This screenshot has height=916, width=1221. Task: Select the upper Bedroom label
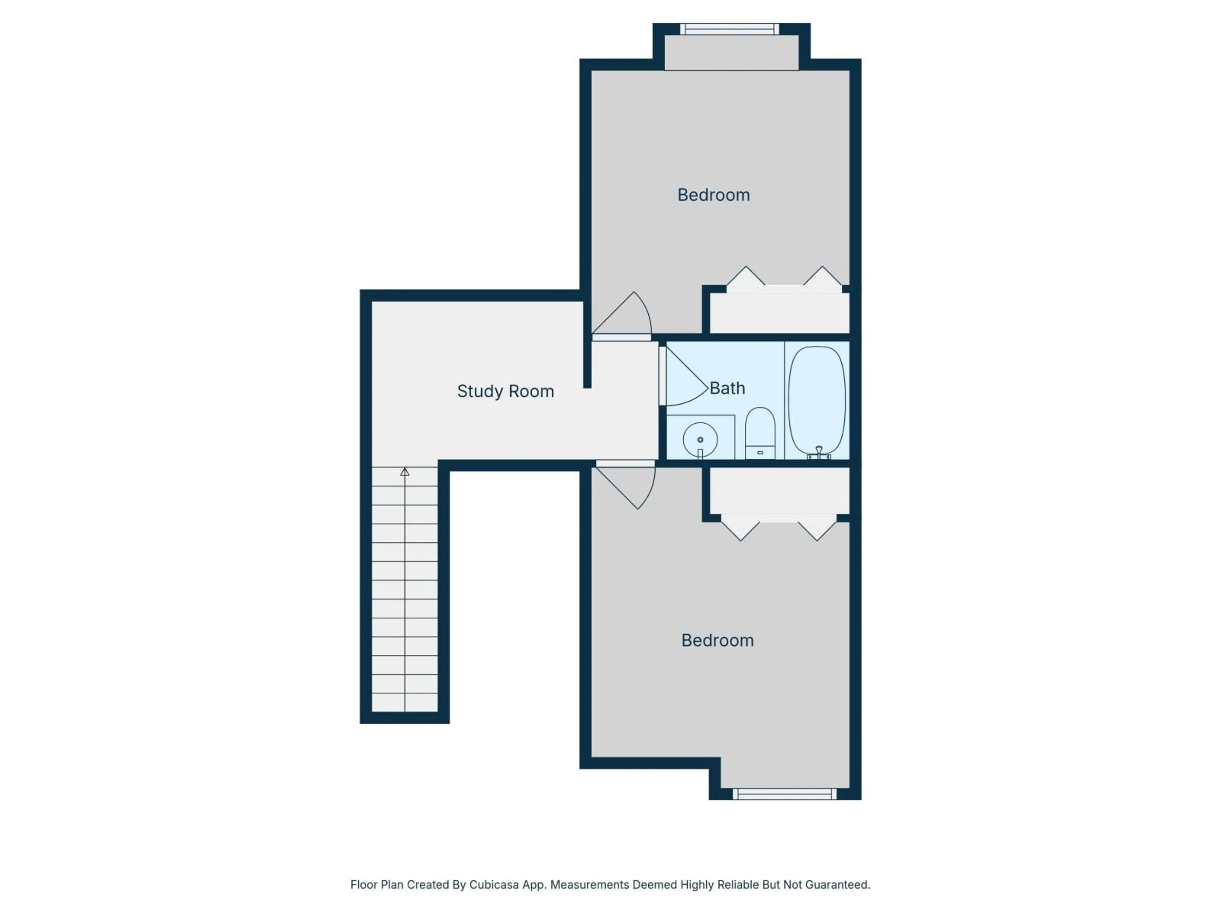[713, 195]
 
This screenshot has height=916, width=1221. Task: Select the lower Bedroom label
[717, 641]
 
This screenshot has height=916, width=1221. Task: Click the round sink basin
[700, 440]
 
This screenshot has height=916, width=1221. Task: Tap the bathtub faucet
[818, 453]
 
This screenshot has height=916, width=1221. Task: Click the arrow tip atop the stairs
[404, 472]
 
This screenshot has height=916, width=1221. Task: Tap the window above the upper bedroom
[729, 29]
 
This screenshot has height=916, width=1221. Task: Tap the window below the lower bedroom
[784, 794]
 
